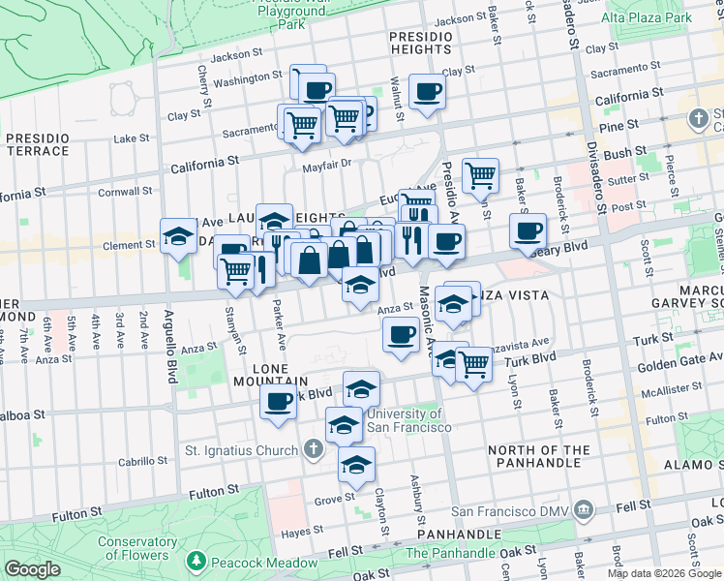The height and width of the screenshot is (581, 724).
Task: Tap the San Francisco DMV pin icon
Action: [583, 508]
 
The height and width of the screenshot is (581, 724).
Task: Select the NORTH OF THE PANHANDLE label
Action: [553, 458]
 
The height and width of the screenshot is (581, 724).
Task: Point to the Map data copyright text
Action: [664, 573]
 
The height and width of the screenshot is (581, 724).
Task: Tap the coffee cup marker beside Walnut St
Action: [427, 92]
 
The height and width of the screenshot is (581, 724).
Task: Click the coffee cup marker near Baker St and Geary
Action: [528, 230]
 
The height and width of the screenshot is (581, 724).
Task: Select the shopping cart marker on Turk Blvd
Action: [473, 364]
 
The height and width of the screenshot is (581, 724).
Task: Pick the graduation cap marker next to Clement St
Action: [178, 235]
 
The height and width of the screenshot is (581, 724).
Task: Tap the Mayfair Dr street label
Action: [324, 164]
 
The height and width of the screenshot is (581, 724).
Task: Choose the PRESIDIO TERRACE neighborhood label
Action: [37, 144]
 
